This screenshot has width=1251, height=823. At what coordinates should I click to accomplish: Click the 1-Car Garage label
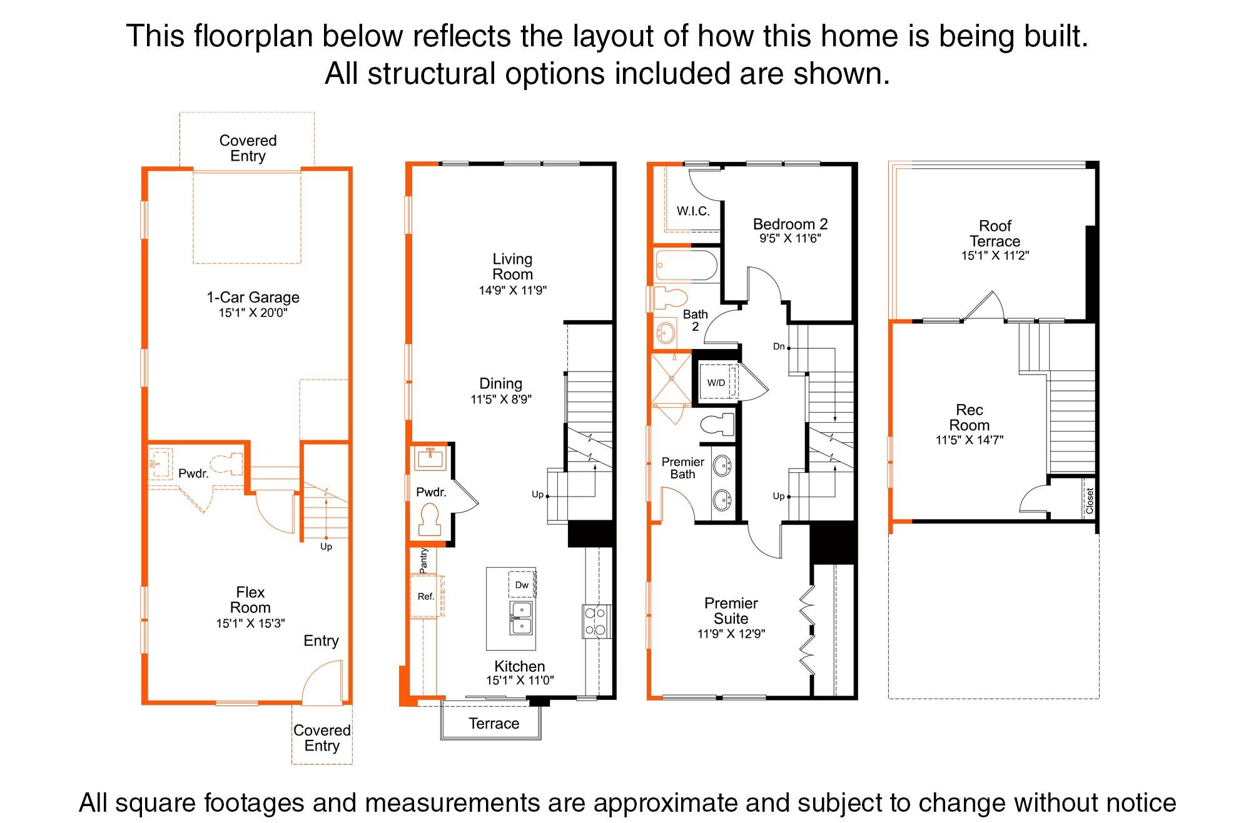click(x=253, y=298)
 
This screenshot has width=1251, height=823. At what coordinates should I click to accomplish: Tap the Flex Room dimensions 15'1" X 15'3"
click(x=250, y=624)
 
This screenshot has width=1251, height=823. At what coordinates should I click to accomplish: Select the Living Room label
click(x=513, y=266)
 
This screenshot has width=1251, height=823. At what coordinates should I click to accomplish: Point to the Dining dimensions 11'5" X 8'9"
click(x=501, y=399)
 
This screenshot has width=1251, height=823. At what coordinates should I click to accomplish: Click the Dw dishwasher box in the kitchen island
click(x=522, y=585)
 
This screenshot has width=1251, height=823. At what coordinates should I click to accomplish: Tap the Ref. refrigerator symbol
click(x=426, y=597)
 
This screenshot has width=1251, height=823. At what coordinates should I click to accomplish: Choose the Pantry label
click(x=423, y=561)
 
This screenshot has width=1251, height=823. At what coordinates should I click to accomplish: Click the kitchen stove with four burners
click(x=597, y=621)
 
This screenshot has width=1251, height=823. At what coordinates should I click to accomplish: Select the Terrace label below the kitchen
click(x=494, y=724)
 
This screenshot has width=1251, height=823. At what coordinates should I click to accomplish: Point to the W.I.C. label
click(x=693, y=211)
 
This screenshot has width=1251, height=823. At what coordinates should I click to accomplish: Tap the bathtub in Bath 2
click(x=686, y=266)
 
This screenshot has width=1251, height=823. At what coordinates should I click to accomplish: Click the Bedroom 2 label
click(x=790, y=224)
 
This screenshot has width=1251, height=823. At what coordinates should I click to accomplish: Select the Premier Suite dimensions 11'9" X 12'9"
click(x=731, y=634)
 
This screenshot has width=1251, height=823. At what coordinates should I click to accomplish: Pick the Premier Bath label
click(x=683, y=468)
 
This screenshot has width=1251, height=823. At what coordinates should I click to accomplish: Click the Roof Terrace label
click(x=995, y=233)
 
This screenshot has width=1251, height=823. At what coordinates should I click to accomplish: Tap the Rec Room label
click(x=970, y=418)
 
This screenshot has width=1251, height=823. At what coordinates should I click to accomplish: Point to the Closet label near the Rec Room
click(x=1090, y=501)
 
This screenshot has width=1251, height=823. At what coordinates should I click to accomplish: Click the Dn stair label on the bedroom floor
click(x=779, y=346)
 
